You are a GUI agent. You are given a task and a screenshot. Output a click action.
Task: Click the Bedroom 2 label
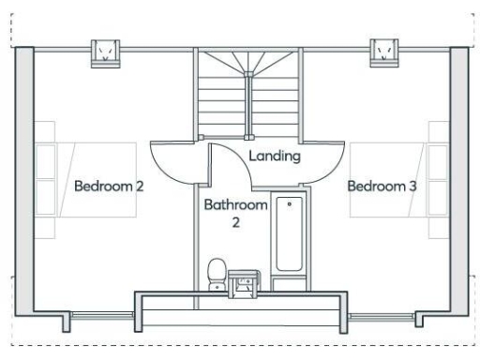tap(109, 186)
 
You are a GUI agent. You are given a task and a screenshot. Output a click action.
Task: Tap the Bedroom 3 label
tap(382, 186)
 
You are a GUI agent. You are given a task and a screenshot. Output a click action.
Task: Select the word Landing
tap(275, 156)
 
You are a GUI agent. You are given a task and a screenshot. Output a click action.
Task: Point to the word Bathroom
tap(236, 204)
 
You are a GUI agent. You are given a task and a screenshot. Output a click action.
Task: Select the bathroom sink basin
tap(243, 281)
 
